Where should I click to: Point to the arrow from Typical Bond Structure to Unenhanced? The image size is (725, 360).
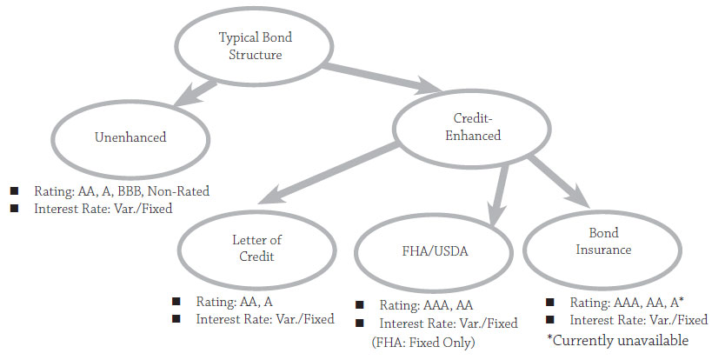pyautogui.click(x=196, y=90)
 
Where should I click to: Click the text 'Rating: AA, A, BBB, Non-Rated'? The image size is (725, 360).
pyautogui.click(x=123, y=191)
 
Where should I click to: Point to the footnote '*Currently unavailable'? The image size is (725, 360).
pyautogui.click(x=617, y=340)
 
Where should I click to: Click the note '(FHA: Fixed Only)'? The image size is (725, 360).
pyautogui.click(x=423, y=343)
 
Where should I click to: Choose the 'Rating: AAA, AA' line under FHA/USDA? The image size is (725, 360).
pyautogui.click(x=425, y=305)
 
